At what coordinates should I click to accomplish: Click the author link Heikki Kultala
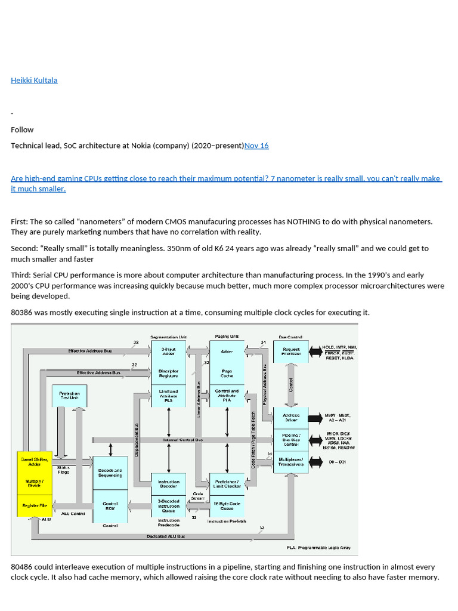tap(34, 80)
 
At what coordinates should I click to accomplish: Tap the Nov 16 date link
tap(256, 146)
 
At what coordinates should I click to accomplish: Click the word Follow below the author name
tap(22, 129)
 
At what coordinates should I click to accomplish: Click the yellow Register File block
tap(35, 505)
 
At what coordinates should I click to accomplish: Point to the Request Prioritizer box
tap(291, 351)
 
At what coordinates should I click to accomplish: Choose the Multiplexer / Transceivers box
tap(291, 462)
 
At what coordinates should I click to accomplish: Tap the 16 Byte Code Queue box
tap(227, 507)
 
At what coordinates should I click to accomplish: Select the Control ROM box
tap(110, 506)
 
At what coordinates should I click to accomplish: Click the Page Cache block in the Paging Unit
tap(227, 374)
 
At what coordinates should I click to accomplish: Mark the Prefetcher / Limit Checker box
tap(227, 483)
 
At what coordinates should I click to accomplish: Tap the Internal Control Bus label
tap(183, 440)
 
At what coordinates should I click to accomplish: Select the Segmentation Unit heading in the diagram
tap(169, 337)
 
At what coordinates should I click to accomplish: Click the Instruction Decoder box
tap(169, 484)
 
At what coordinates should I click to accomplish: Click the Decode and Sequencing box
tap(110, 473)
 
